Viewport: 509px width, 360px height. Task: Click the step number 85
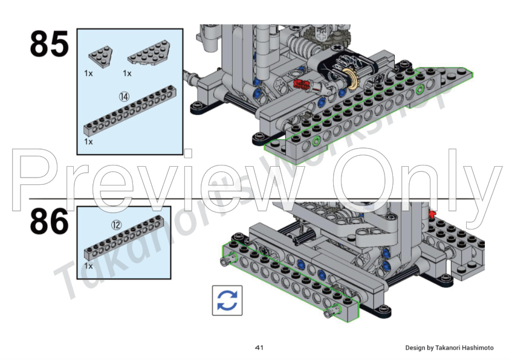tap(50, 44)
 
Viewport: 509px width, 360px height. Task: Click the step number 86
tap(50, 222)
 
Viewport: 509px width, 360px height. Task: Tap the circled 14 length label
tap(125, 97)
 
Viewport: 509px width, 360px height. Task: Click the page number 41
tap(259, 348)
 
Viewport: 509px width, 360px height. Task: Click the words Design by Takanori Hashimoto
tap(449, 348)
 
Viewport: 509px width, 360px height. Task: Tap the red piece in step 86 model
tap(432, 213)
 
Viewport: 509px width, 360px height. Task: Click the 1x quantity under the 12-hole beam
tap(88, 266)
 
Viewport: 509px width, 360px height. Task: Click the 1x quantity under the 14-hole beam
tap(88, 142)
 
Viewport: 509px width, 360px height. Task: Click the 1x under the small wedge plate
tap(88, 73)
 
